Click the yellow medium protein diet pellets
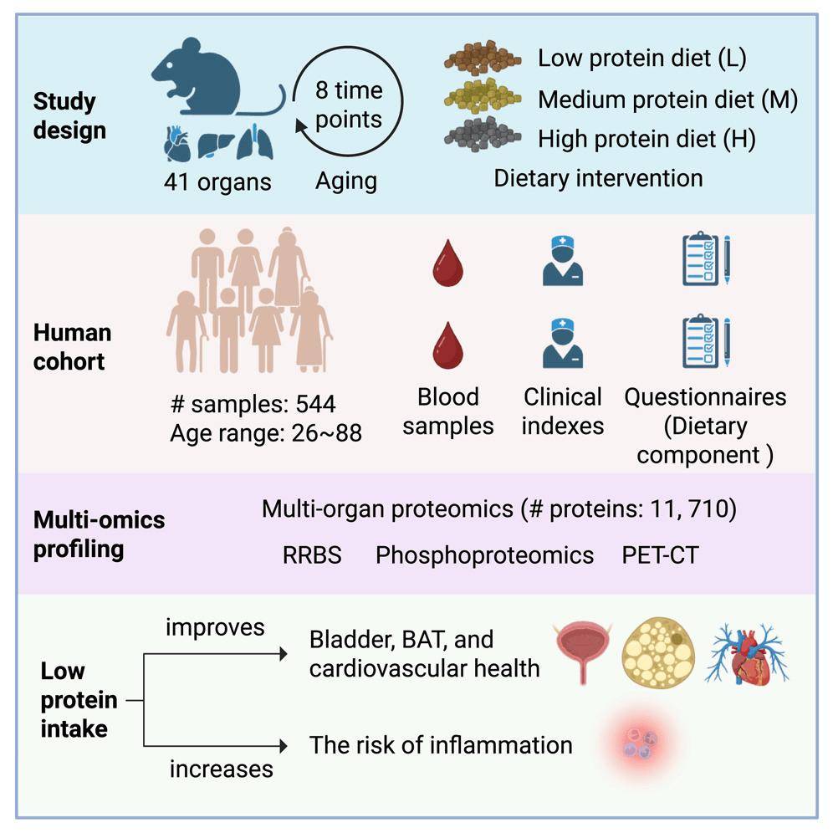pyautogui.click(x=480, y=97)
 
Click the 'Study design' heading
pyautogui.click(x=69, y=116)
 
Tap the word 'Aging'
pyautogui.click(x=346, y=180)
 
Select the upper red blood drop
pyautogui.click(x=447, y=263)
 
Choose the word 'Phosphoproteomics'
pyautogui.click(x=484, y=555)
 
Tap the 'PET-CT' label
pyautogui.click(x=660, y=555)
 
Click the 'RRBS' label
pyautogui.click(x=311, y=555)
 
